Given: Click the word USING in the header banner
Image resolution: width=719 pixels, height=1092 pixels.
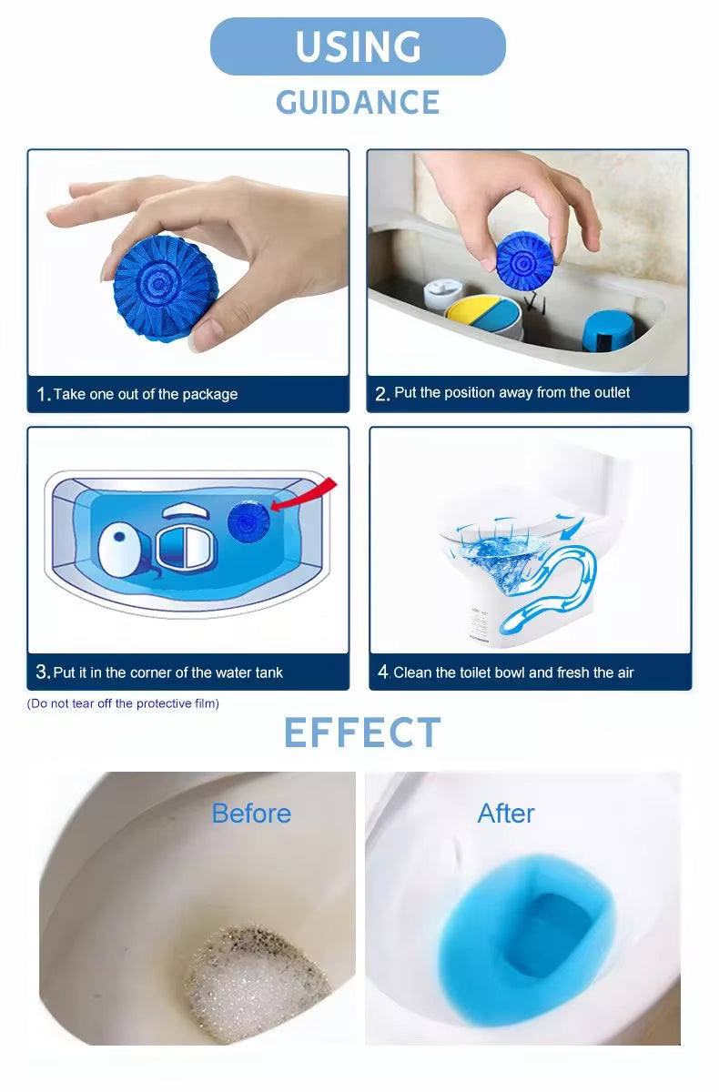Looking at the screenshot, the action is click(359, 46).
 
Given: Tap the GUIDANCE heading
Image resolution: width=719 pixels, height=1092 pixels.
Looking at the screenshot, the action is click(358, 102).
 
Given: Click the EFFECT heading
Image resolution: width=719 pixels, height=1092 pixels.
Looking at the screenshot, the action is click(362, 733).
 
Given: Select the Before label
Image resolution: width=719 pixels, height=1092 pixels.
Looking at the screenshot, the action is click(251, 814).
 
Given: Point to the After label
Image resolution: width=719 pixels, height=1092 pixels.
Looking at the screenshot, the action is click(506, 814).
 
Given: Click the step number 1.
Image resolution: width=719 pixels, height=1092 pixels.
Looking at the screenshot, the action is click(43, 394).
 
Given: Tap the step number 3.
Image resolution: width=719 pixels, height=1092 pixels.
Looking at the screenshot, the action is click(43, 672).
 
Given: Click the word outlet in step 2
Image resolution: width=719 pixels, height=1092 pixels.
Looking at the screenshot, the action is click(613, 392).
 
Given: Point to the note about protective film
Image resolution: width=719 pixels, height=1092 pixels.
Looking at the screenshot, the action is click(123, 703).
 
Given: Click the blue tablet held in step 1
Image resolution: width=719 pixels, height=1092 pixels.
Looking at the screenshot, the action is click(166, 288).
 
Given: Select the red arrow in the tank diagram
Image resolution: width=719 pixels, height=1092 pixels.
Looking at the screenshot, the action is click(306, 494).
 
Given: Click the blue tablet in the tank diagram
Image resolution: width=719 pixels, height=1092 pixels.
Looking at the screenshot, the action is click(248, 521).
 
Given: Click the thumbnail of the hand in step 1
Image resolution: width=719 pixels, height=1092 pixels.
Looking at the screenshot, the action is click(188, 263).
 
